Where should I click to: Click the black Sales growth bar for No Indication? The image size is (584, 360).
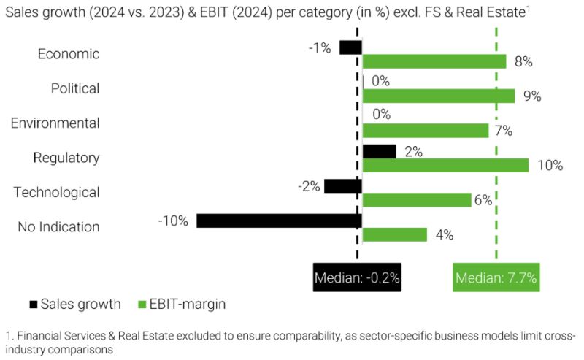279,221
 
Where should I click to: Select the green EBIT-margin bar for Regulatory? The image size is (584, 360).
445,165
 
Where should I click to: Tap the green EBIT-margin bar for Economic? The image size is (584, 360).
434,61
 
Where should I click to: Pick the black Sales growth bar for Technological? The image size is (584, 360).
342,186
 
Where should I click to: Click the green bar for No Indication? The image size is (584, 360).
394,234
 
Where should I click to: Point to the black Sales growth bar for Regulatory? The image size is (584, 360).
379,151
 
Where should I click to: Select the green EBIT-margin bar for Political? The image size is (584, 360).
438,96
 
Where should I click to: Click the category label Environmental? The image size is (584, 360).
55,123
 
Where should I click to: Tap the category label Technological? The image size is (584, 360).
56,192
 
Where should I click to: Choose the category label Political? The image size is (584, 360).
74,88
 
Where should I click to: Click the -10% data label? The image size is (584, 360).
173,221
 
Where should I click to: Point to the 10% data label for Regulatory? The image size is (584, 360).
550,165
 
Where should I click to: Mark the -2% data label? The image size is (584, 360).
309,186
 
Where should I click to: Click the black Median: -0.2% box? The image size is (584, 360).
357,277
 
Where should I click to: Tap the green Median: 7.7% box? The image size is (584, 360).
496,277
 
